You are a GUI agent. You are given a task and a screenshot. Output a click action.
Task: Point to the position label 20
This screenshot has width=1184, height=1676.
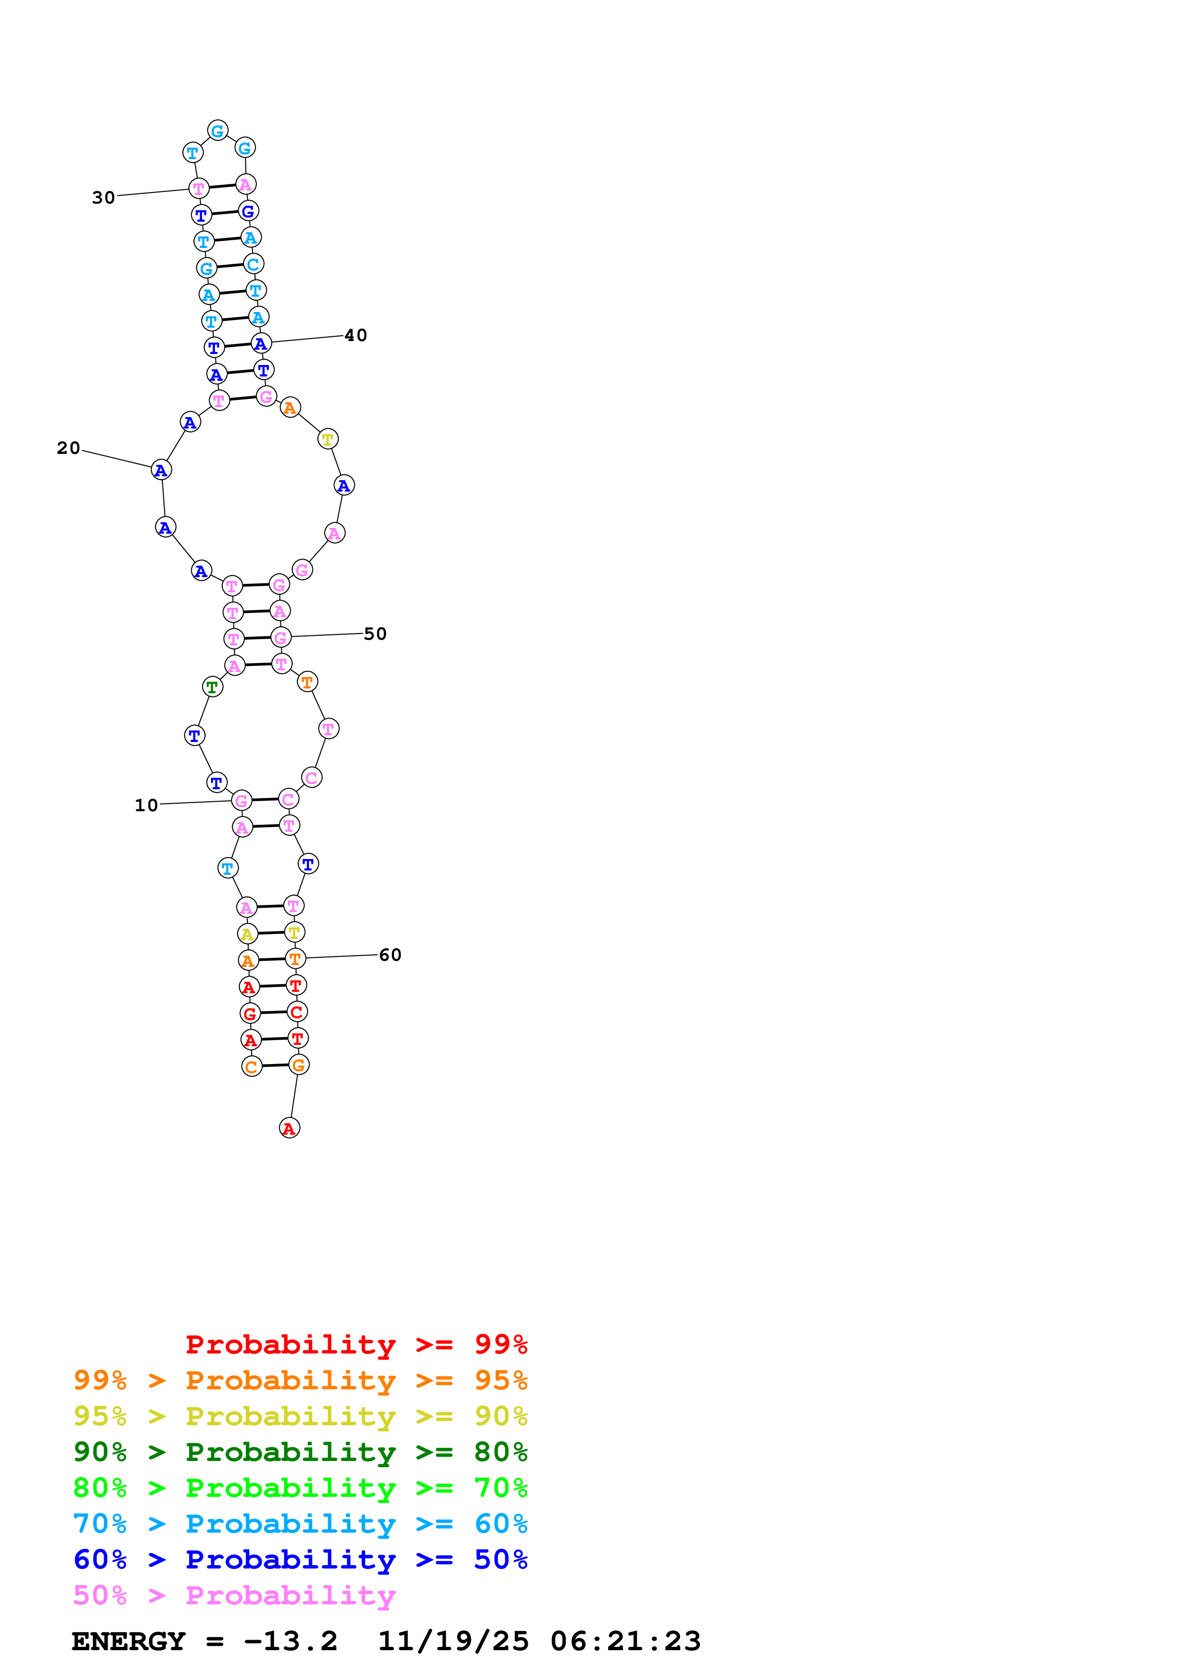[69, 448]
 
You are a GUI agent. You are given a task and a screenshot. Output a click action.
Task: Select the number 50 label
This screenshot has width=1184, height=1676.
[375, 634]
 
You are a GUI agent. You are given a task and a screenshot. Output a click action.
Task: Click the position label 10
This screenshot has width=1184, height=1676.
[146, 805]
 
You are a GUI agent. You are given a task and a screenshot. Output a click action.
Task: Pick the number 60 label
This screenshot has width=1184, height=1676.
[390, 955]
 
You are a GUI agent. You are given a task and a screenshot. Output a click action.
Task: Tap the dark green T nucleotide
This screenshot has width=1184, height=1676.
[212, 687]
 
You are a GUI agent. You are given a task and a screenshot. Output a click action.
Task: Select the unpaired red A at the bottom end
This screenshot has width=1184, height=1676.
[289, 1128]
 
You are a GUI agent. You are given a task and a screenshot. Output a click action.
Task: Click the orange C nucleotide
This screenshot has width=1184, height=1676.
[252, 1066]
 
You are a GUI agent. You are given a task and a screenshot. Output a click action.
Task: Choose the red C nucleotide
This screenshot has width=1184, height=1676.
[296, 1012]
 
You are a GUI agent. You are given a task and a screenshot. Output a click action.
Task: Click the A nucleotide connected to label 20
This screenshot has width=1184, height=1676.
[161, 470]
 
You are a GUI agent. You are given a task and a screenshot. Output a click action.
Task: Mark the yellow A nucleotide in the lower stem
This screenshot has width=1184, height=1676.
[247, 934]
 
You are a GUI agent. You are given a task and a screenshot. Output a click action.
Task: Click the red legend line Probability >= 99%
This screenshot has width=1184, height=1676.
[356, 1344]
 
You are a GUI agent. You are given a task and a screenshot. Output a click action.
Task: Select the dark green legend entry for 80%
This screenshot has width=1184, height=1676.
[300, 1452]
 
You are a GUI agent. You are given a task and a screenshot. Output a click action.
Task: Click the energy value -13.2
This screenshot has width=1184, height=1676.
[290, 1641]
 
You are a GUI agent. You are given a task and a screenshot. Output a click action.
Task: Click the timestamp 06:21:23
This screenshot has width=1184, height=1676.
[625, 1641]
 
